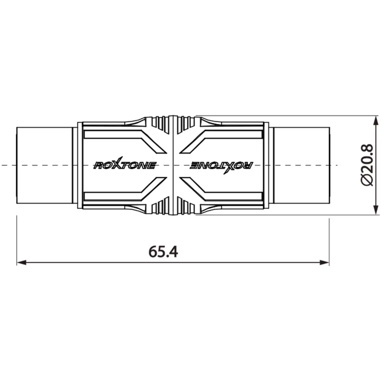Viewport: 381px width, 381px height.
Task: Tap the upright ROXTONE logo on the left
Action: [x=124, y=165]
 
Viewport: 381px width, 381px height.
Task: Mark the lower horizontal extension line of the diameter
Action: [x=286, y=215]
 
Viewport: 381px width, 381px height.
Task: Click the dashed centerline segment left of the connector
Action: [x=8, y=165]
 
